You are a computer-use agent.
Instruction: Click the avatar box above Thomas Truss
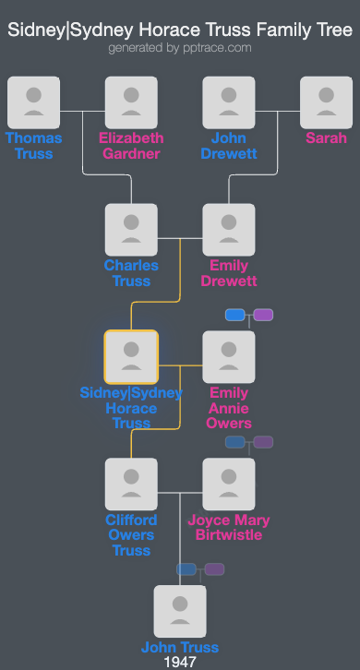click(x=33, y=102)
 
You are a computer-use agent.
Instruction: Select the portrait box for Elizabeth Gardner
click(x=131, y=102)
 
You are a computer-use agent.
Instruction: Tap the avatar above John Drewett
click(x=228, y=102)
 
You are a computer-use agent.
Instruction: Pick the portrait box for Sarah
click(x=326, y=102)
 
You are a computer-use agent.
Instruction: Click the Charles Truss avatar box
click(x=131, y=230)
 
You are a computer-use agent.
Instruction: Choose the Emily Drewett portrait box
click(x=228, y=230)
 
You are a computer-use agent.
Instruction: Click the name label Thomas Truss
click(x=33, y=146)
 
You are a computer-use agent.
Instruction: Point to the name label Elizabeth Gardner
click(x=131, y=146)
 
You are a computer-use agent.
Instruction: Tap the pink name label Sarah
click(x=326, y=138)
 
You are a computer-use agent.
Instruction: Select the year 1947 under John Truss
click(x=180, y=662)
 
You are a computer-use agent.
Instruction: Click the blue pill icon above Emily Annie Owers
click(x=235, y=315)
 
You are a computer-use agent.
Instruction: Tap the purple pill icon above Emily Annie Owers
click(x=263, y=315)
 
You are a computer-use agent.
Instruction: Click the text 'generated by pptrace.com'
click(x=180, y=47)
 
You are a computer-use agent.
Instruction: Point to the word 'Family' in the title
click(x=270, y=30)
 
